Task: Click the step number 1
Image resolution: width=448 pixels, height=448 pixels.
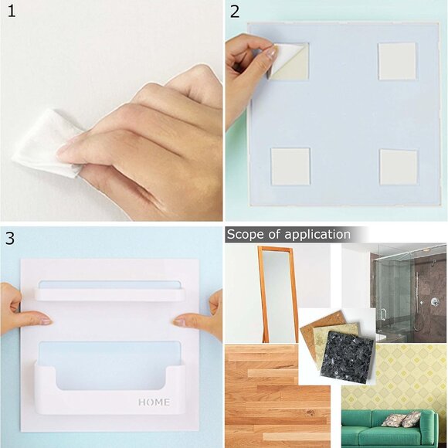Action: (12, 12)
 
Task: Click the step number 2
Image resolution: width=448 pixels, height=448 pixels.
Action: (235, 12)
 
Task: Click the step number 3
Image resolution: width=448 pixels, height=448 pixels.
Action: (10, 238)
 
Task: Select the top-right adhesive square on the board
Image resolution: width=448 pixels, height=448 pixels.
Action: (397, 61)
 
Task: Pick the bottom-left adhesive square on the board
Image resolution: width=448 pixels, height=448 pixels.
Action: (290, 166)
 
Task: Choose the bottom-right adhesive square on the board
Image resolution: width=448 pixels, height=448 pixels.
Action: (399, 168)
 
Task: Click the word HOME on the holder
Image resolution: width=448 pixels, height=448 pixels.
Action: (154, 402)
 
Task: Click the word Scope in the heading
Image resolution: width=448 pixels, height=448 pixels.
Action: (245, 234)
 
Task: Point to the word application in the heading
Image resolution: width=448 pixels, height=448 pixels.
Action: (317, 235)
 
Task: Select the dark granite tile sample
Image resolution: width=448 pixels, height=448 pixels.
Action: (348, 356)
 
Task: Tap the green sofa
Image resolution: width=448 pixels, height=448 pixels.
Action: (394, 429)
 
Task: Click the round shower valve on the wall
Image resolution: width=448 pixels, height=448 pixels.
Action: (434, 301)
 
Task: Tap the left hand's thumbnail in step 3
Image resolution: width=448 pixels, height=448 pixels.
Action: (45, 321)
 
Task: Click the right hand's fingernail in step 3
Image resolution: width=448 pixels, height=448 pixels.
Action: (179, 322)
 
